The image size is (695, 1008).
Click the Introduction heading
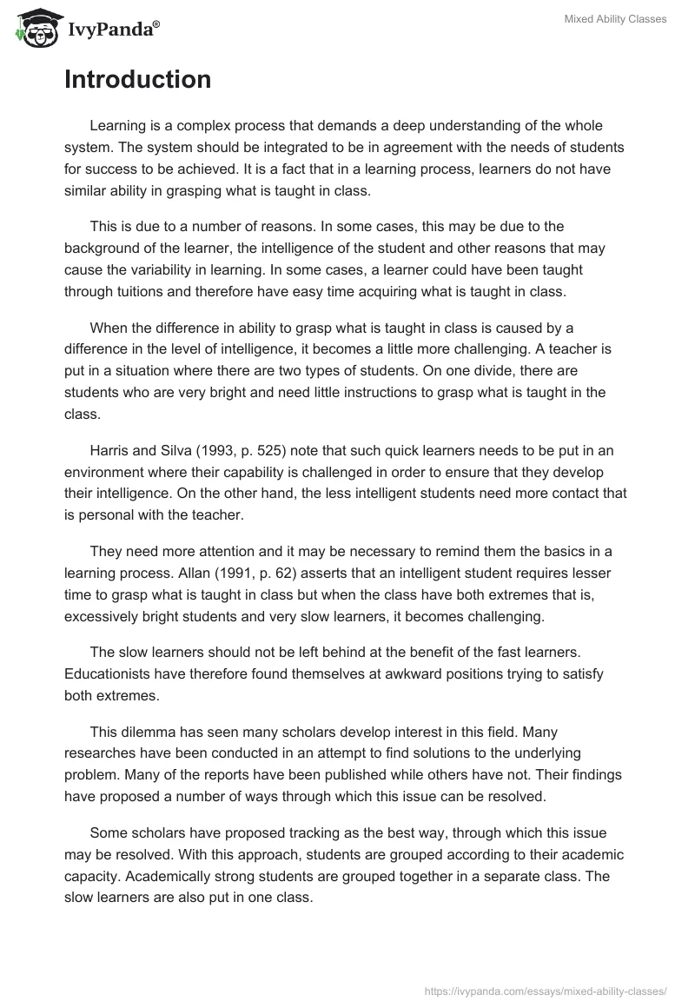click(x=137, y=80)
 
